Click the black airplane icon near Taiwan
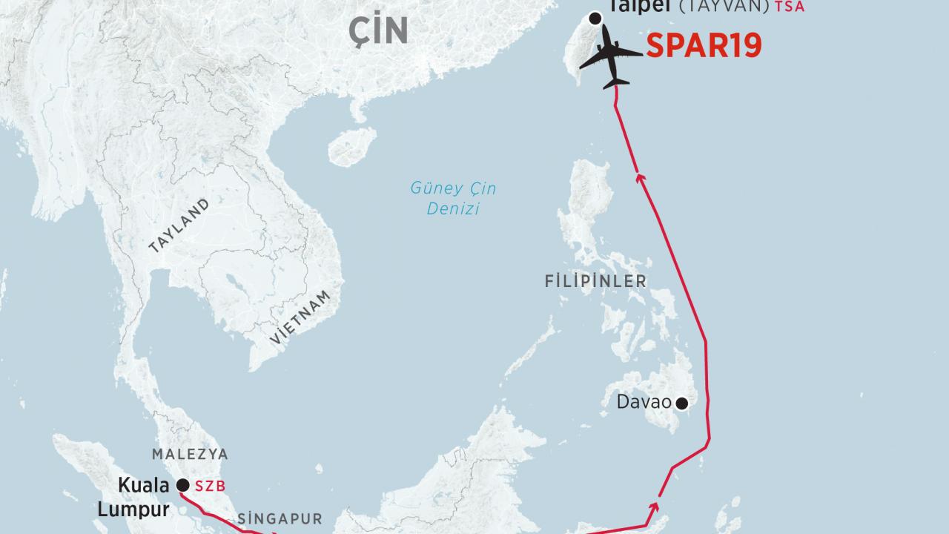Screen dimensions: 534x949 tap(610, 56)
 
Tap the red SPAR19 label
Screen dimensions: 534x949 tap(704, 46)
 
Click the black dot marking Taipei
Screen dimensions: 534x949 tap(595, 19)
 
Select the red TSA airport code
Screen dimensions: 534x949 tap(790, 7)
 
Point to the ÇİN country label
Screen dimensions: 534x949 tap(380, 30)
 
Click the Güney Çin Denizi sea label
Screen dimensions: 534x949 tap(454, 199)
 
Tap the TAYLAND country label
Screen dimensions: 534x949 tap(179, 226)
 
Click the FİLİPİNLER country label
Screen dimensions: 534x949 tap(595, 282)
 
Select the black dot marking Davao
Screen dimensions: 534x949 tap(681, 403)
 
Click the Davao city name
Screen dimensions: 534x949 tap(644, 403)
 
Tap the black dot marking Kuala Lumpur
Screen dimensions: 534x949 tap(182, 486)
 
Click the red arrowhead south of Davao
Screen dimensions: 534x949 tap(655, 507)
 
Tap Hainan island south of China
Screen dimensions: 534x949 tap(353, 146)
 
